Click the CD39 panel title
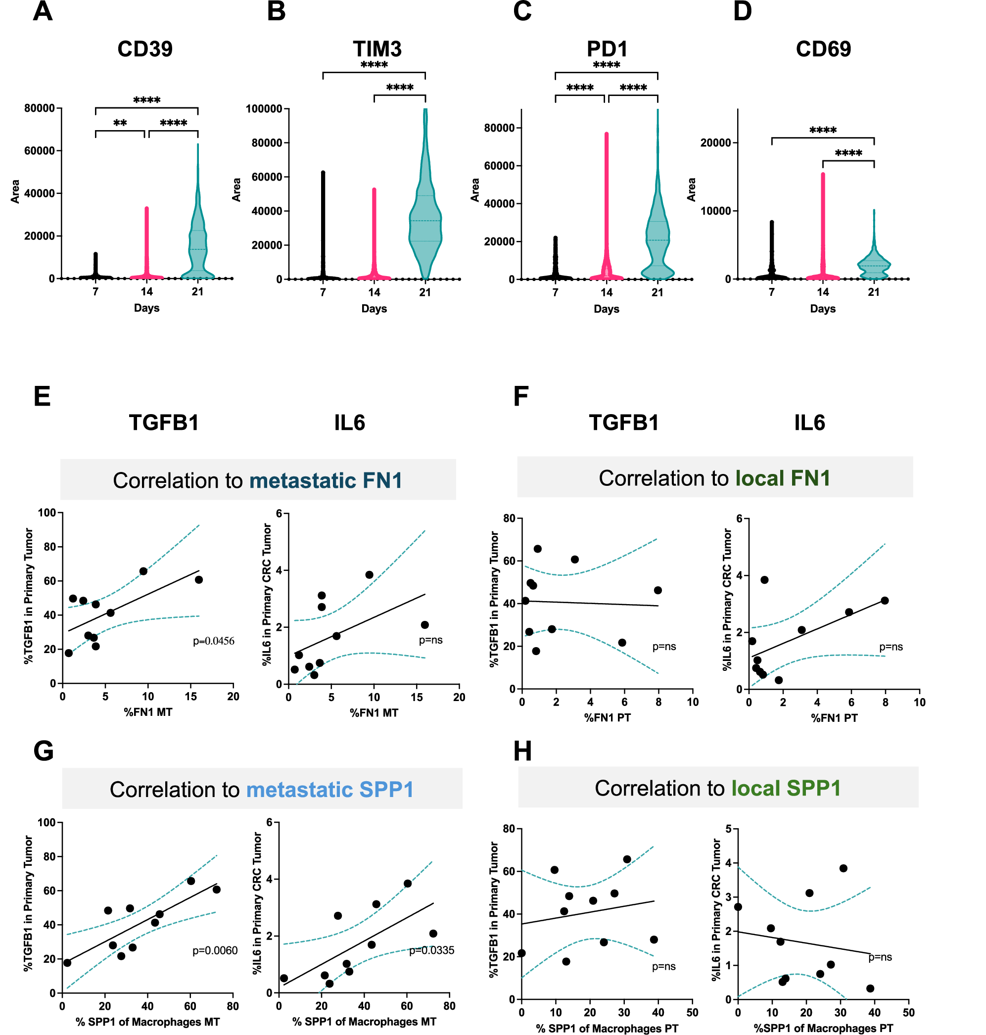[x=144, y=49]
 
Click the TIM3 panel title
[x=376, y=49]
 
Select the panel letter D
[x=742, y=11]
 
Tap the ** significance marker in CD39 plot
[x=120, y=123]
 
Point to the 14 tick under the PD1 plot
[x=606, y=292]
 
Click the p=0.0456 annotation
[x=213, y=641]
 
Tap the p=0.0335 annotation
[x=431, y=950]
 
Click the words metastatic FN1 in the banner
[x=326, y=480]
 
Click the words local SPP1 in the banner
[x=786, y=788]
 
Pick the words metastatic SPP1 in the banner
[x=329, y=789]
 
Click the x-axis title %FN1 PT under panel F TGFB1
[x=607, y=717]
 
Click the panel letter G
[x=43, y=750]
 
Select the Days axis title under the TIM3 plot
[x=374, y=309]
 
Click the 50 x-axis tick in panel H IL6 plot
[x=908, y=1012]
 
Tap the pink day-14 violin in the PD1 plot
[x=606, y=210]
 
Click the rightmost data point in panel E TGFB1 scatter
[x=199, y=579]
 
